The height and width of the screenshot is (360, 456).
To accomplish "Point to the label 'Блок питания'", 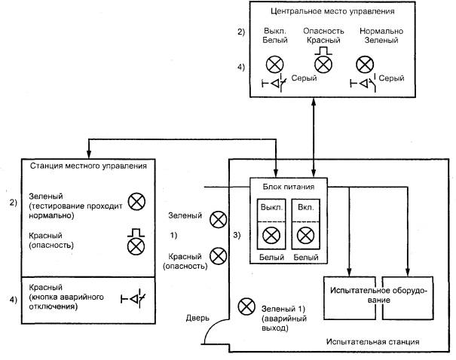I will pos(289,186).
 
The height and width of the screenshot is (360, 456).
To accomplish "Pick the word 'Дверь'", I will pos(198,318).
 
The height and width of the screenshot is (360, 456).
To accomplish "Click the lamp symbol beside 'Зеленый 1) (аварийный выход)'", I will pos(246,307).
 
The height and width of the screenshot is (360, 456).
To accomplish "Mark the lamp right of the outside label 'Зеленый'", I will pos(218,219).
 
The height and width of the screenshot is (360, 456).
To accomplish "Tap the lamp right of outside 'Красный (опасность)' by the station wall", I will pos(218,256).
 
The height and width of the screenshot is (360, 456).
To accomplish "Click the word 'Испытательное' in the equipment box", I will pos(351,288).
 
